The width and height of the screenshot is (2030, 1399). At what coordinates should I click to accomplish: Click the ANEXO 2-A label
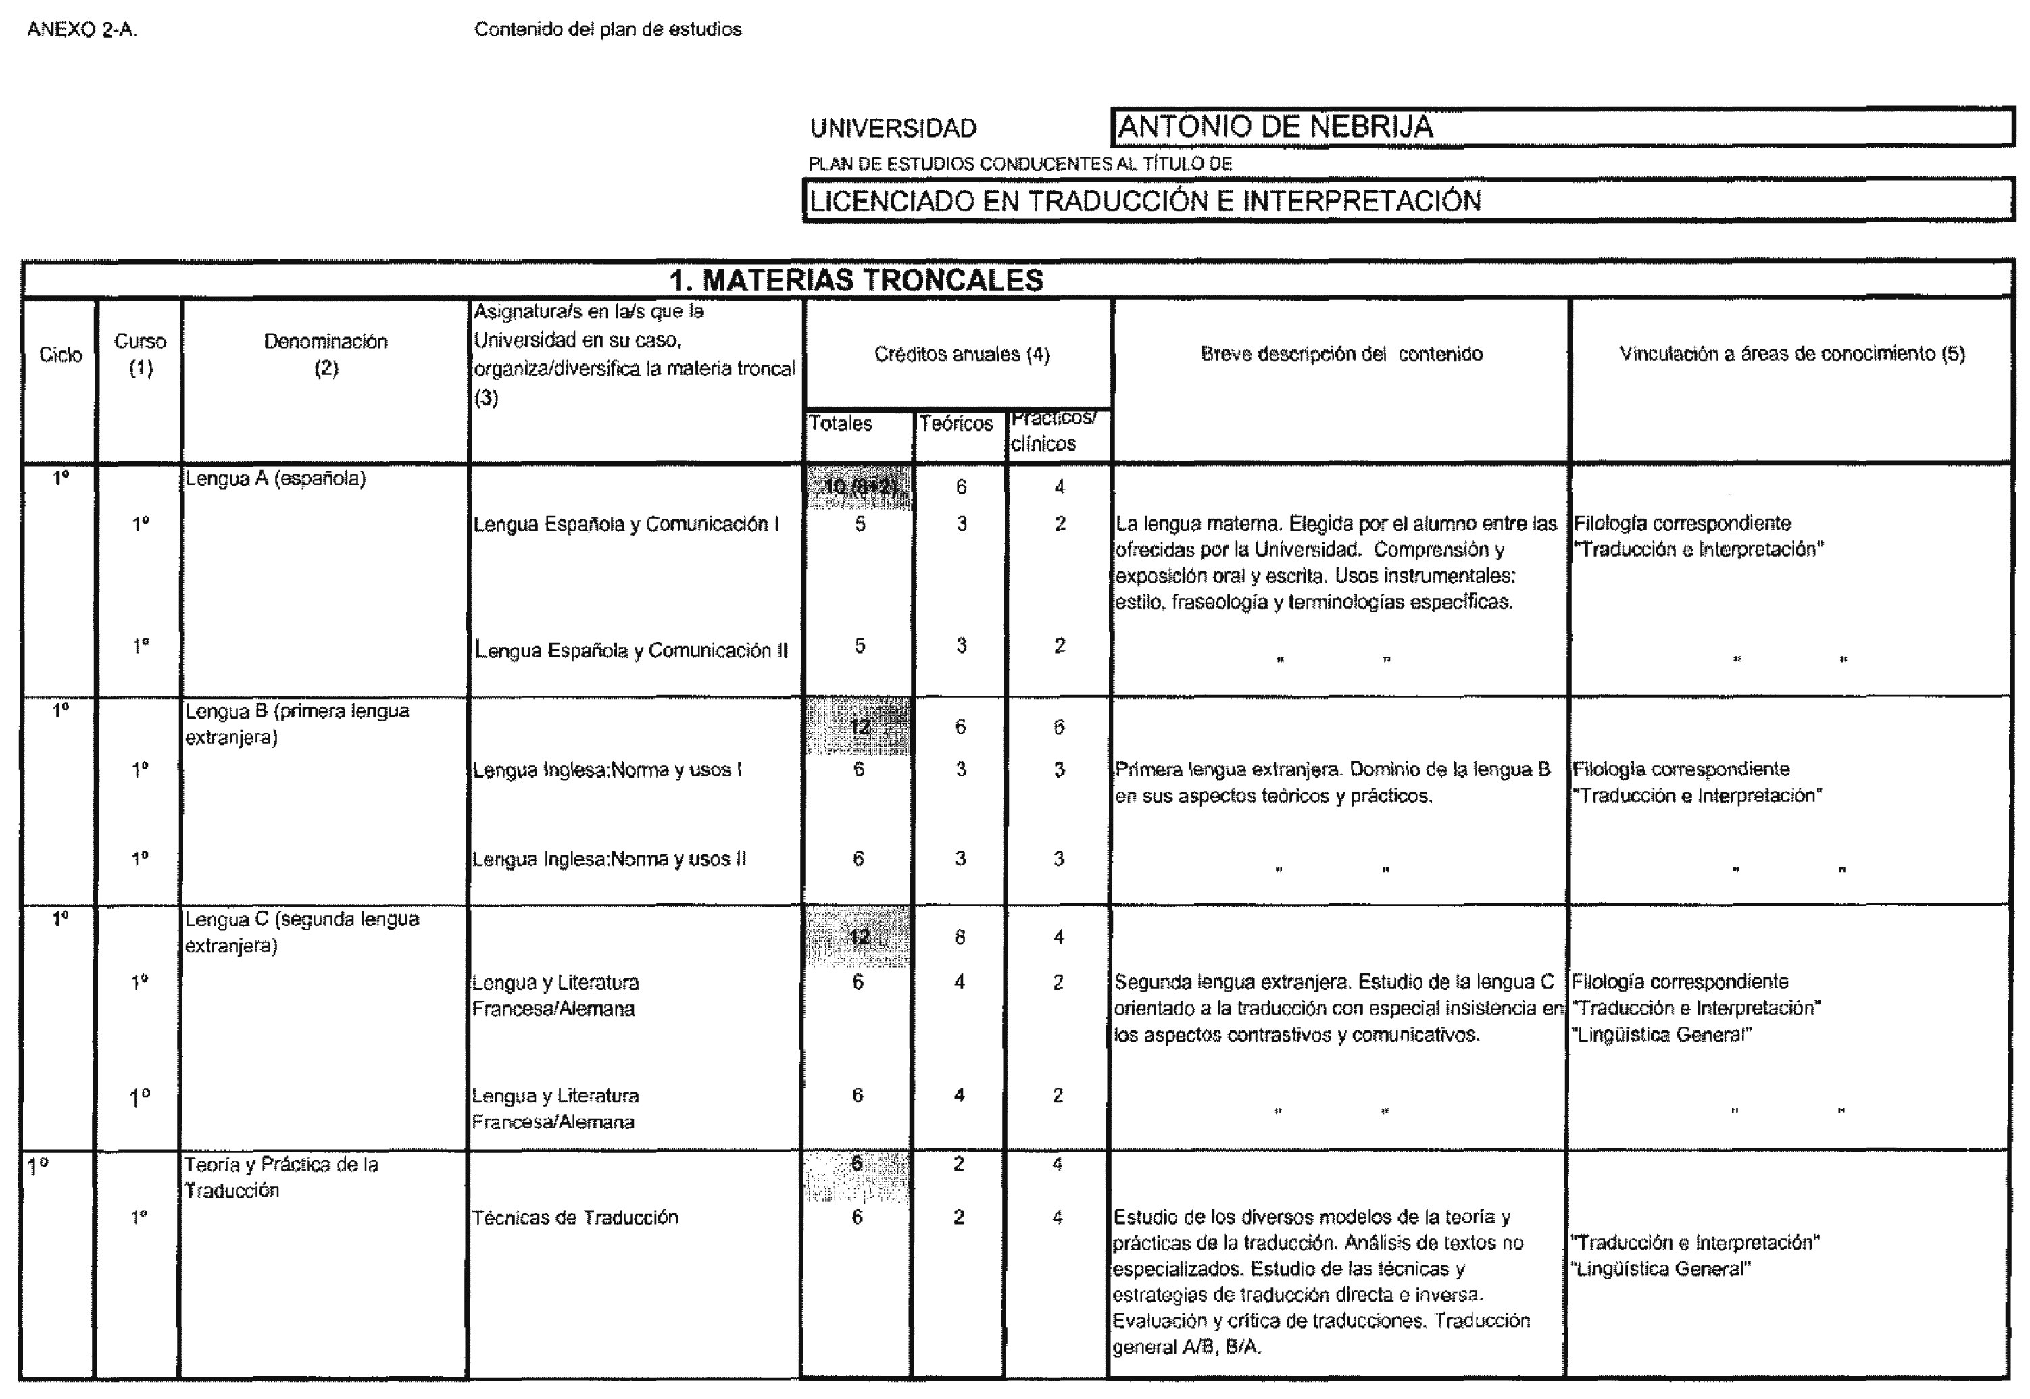point(82,30)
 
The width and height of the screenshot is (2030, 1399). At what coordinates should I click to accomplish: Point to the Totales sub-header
point(840,424)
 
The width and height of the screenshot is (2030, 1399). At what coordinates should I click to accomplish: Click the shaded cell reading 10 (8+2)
point(860,487)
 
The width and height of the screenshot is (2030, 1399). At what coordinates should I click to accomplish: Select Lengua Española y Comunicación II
point(631,651)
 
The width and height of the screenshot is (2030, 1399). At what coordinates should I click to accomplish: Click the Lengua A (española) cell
point(275,478)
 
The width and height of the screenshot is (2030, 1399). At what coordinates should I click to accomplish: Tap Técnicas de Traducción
point(575,1217)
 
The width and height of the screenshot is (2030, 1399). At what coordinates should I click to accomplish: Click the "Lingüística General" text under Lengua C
point(1662,1035)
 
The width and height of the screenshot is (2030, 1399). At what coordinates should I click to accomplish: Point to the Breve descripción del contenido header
point(1341,354)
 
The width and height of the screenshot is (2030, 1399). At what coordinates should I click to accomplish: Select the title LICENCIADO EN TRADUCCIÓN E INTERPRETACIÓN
point(1144,201)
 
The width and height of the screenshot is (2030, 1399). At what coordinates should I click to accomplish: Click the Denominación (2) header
point(325,354)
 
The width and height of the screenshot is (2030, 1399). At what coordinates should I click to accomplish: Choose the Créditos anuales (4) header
point(961,354)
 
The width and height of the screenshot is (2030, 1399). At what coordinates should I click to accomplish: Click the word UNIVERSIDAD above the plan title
point(893,129)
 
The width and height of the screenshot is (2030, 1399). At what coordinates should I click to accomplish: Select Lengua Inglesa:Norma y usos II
point(610,860)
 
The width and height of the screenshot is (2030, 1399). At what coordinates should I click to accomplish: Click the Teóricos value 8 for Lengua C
point(960,938)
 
